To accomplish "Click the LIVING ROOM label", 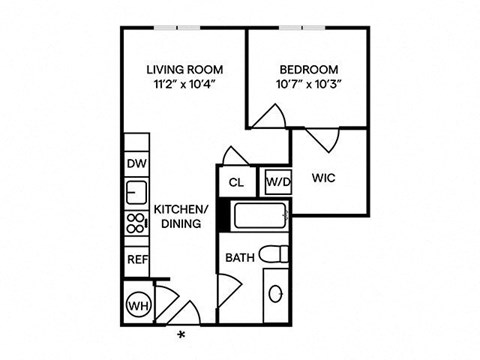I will pos(184,69).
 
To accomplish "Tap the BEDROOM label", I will pos(308,69).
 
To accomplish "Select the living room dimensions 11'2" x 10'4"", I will pos(184,84).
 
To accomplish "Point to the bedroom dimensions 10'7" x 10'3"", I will pos(308,84).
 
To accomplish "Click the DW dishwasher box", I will pos(136,163).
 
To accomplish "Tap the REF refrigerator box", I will pos(136,258).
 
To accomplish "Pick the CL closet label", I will pos(237,182).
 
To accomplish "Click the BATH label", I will pos(239,258).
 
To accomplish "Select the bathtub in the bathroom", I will pos(258,215).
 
